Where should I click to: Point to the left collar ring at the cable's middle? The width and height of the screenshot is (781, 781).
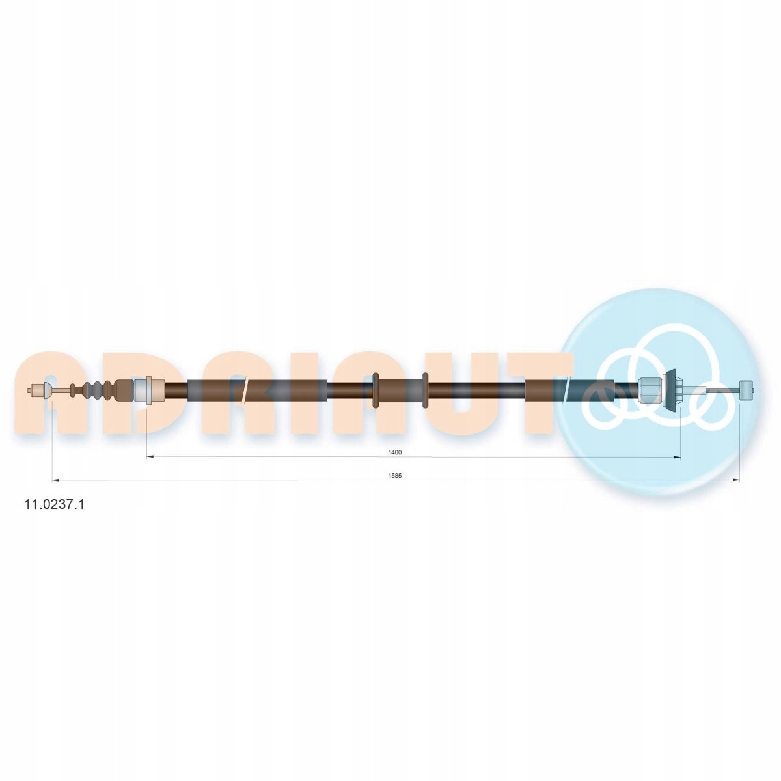click(376, 390)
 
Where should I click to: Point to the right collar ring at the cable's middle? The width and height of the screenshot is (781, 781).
click(425, 390)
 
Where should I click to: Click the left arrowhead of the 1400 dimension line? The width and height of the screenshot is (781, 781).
click(150, 457)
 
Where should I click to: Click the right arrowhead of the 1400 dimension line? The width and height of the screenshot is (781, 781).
click(676, 457)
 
